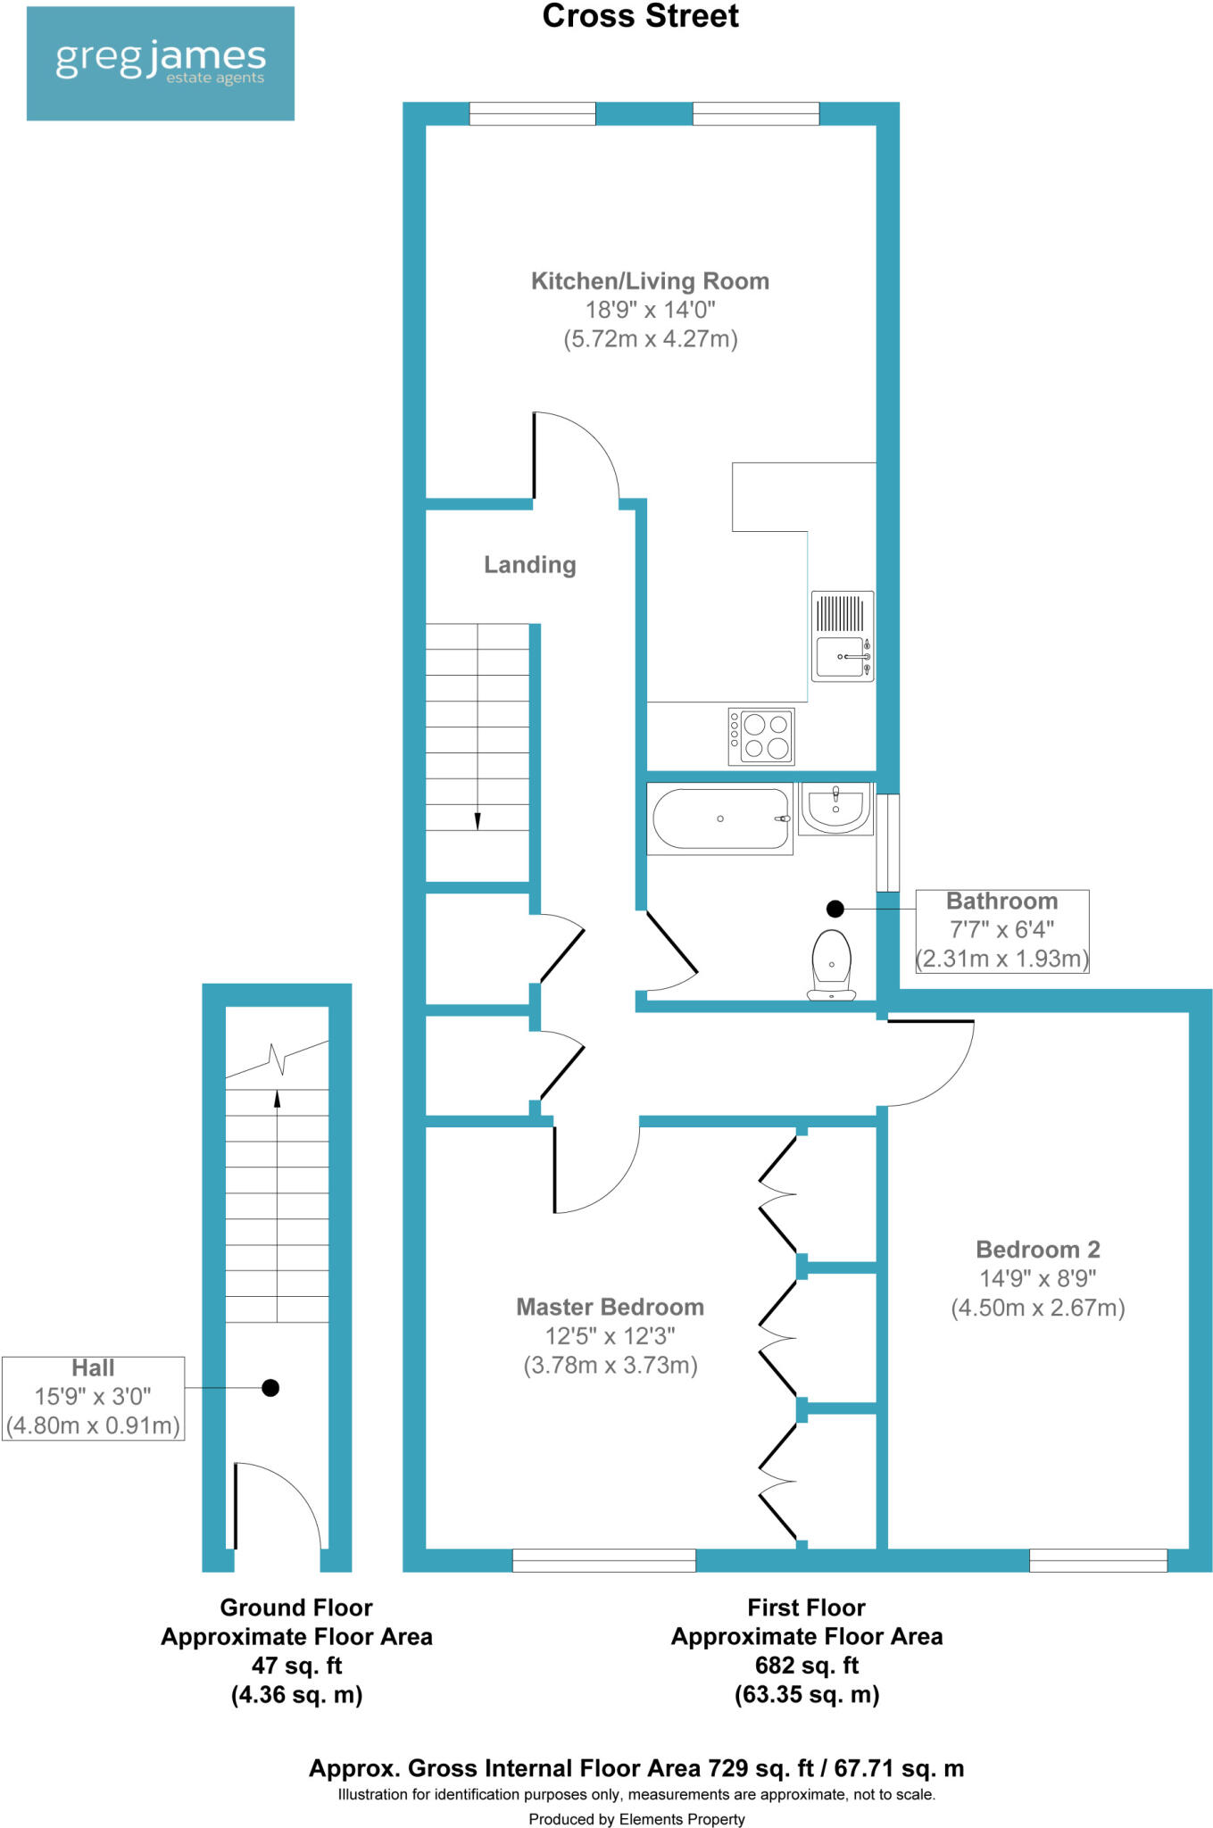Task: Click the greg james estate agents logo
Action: point(161,62)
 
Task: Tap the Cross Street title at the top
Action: point(640,16)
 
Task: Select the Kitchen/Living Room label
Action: point(650,281)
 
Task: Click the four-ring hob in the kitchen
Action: point(761,736)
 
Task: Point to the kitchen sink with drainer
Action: point(843,636)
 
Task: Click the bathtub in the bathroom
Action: point(719,818)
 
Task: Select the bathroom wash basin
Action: point(835,809)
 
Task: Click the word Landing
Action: point(529,565)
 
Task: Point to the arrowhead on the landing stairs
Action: point(478,820)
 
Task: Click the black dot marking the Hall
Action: point(270,1387)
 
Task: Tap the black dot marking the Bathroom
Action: point(835,909)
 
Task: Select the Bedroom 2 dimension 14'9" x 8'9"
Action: point(1037,1278)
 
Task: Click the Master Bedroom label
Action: point(610,1307)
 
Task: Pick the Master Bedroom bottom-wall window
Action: point(603,1560)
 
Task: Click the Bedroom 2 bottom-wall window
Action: point(1098,1560)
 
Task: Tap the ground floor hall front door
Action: point(277,1508)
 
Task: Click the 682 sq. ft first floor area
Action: point(806,1666)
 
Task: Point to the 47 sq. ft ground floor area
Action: point(296,1666)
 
